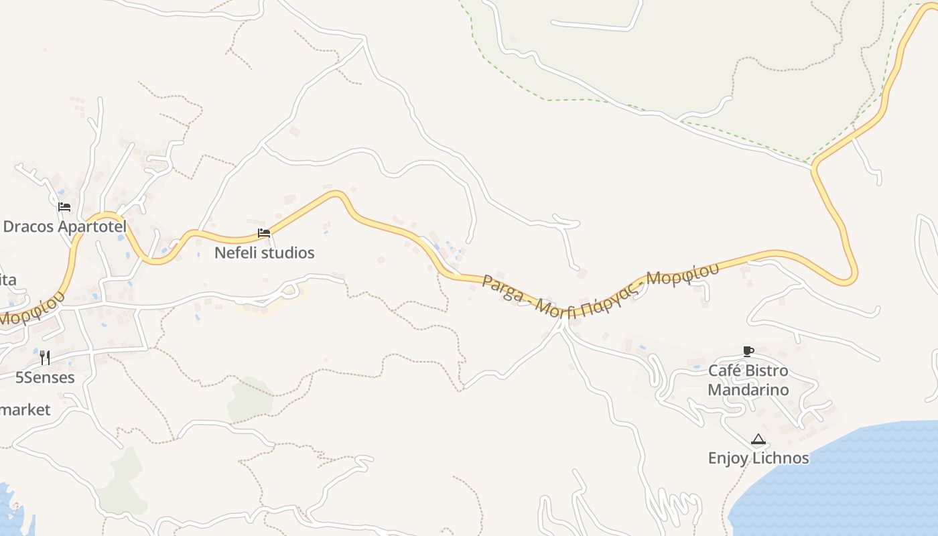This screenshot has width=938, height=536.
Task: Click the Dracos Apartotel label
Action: coord(64,226)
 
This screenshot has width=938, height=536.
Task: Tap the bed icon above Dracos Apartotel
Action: coord(64,207)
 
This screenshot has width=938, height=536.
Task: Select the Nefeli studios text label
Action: coord(264,253)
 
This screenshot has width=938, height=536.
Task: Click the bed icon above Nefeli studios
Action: coord(264,233)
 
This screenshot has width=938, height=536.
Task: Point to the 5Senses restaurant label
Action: coord(45,377)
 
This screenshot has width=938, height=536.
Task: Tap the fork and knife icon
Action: coord(45,357)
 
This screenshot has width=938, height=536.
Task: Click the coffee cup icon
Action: coord(748,351)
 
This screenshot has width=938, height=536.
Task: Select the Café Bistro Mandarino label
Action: coord(748,380)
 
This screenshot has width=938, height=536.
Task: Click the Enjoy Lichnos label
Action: coord(758,458)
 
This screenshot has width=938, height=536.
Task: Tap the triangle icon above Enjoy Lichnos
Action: coord(758,440)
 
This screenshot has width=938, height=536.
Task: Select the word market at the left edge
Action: coord(25,409)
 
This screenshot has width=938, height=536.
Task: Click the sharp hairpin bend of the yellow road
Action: coord(851,275)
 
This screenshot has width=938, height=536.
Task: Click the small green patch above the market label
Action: coord(249,398)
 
